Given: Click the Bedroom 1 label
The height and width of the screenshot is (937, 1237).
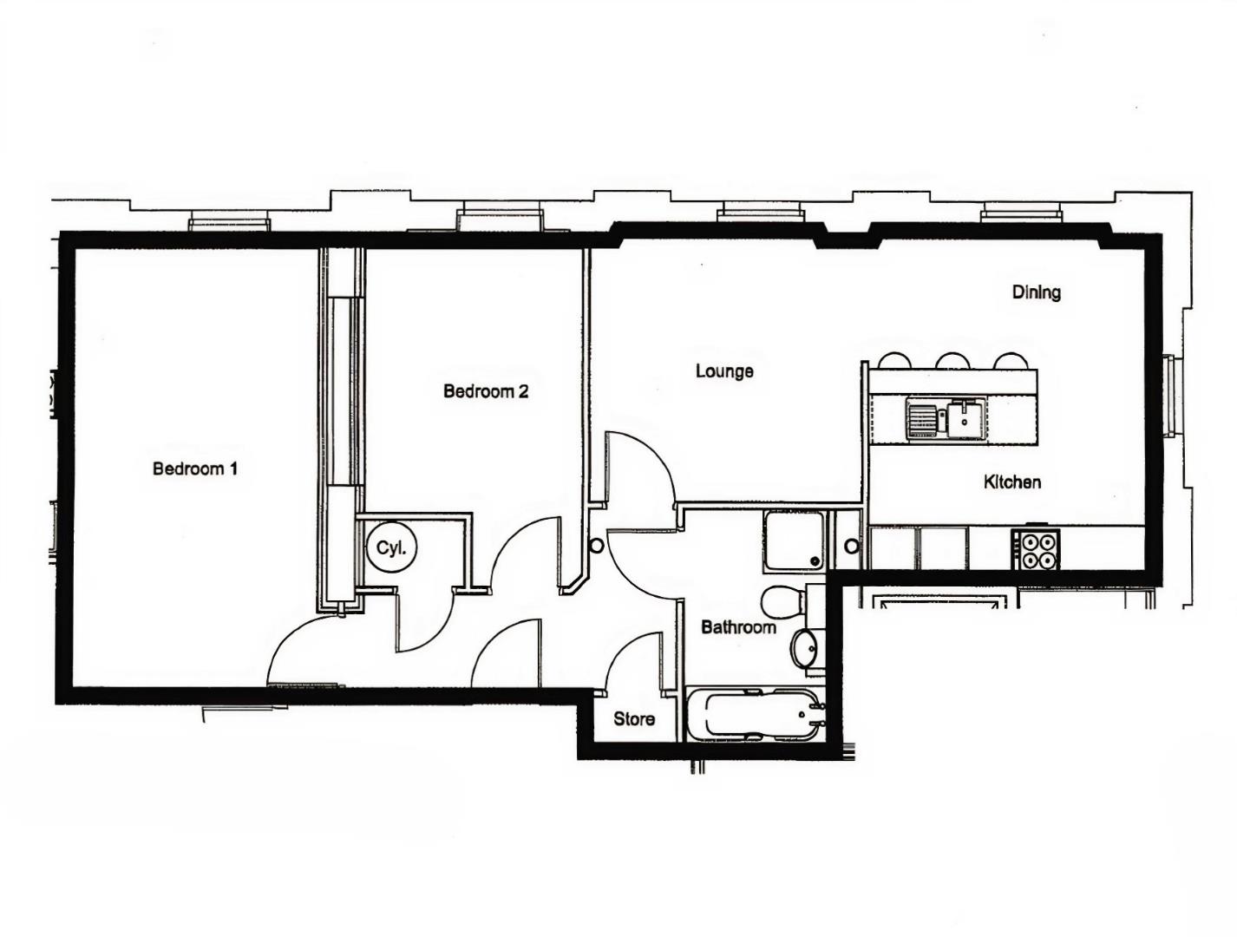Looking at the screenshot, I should pos(195,469).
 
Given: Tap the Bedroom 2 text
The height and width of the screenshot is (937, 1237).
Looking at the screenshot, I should pos(486,391).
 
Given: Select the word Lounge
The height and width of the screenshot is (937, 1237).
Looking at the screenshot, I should pos(724,371).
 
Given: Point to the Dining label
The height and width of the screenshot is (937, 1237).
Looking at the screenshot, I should pos(1037,292).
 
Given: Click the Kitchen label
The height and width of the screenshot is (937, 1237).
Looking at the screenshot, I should pos(1012,482).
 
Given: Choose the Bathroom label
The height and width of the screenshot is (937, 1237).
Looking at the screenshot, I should pos(738,626).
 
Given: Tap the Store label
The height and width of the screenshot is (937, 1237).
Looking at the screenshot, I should pos(634,719).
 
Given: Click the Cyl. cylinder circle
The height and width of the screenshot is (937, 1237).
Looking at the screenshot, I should pos(391,548).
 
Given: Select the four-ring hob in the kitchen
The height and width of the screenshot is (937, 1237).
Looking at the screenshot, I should pos(1036,549).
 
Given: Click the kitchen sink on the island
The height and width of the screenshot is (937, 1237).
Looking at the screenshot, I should pos(946,418).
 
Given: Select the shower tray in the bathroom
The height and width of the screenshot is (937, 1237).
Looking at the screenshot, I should pos(794,541).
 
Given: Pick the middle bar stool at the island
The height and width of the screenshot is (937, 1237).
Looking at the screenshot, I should pos(952,361).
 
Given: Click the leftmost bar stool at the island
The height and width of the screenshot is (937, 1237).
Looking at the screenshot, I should pos(893,361).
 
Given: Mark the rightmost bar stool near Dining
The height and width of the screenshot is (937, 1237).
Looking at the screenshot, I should pos(1011,361).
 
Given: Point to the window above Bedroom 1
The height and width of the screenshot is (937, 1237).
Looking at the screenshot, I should pos(229,223).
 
